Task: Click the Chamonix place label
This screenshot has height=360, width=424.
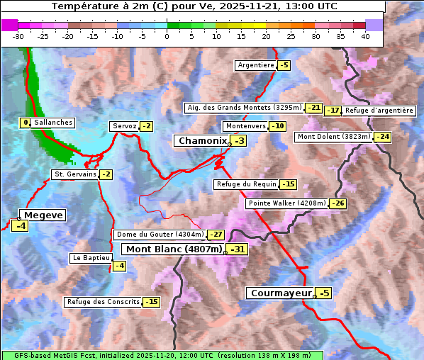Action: pos(201,141)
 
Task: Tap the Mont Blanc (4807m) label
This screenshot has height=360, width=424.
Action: pos(174,249)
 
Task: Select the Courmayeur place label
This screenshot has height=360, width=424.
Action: pos(281,293)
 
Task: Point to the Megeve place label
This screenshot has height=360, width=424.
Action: pos(43,215)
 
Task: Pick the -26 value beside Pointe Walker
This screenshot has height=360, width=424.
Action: pos(337,203)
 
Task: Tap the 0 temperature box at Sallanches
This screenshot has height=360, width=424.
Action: pos(26,123)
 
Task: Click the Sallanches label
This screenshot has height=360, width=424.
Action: pos(53,123)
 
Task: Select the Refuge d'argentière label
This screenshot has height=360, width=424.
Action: pos(379,111)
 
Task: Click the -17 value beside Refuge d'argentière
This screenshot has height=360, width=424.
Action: pos(333,111)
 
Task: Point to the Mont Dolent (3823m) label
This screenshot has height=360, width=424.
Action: pos(334,137)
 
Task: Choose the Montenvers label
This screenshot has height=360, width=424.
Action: pos(245,126)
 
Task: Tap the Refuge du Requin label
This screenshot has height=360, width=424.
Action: pos(246,184)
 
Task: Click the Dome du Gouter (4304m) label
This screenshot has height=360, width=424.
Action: pos(160,235)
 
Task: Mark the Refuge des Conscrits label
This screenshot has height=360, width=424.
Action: pos(103,302)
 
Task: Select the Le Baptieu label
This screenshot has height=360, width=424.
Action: pos(90,258)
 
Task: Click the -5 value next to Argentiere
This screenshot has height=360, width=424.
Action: pos(284,65)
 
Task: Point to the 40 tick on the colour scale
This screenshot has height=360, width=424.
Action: pos(365,36)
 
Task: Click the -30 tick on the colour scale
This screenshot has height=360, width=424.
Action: pos(18,36)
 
